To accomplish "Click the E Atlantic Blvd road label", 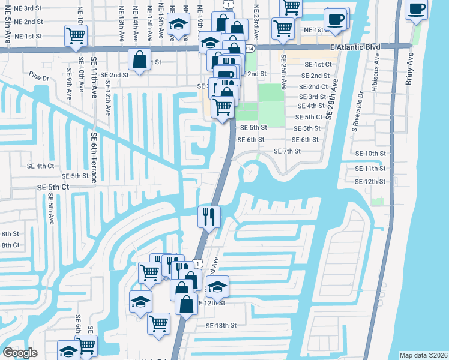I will (x=355, y=47).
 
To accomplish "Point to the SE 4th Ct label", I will (x=40, y=166).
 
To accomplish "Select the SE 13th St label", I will (x=221, y=325).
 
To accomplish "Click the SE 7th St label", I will (x=286, y=151).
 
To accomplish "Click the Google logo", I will (x=20, y=353).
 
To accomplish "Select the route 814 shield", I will (x=249, y=47).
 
